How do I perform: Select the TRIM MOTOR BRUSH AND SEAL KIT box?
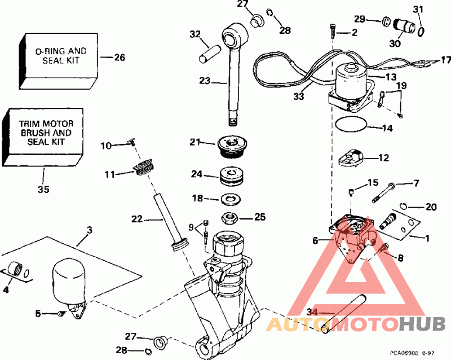[x=42, y=134]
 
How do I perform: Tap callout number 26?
[x=119, y=57]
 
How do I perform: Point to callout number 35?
[x=43, y=190]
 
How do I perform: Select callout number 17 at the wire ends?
[x=445, y=60]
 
